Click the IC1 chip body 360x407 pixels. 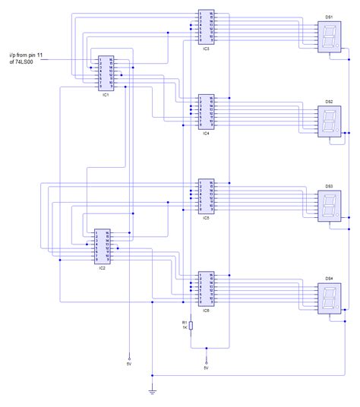[106, 73]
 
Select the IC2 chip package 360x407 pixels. [102, 247]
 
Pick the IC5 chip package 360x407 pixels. [205, 197]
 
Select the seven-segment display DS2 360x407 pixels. [329, 121]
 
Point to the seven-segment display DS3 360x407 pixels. [329, 207]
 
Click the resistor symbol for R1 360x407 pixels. [191, 325]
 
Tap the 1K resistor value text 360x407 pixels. [184, 328]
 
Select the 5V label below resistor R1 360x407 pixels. [207, 368]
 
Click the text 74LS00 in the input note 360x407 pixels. [26, 62]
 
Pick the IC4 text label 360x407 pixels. [206, 133]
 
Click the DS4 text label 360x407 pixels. [329, 278]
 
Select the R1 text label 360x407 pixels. [184, 322]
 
